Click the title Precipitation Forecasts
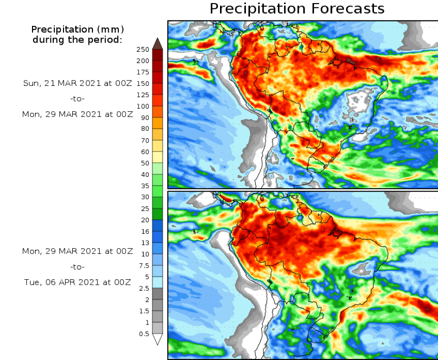pos(297,9)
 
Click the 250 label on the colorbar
pos(143,49)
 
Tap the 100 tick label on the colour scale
pos(143,106)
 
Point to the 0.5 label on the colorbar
pos(144,334)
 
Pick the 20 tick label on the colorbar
pos(145,220)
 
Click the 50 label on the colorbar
pos(145,163)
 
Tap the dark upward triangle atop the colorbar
pos(157,43)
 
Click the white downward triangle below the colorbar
pos(157,339)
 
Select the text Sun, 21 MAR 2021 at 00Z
pos(77,83)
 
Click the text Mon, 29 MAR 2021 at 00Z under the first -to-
pos(77,114)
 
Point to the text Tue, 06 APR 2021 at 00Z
pos(77,282)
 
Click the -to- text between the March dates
pos(77,99)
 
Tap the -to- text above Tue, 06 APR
pos(77,267)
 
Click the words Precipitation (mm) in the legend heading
pos(77,29)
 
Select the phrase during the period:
pos(77,39)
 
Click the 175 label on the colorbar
pos(143,72)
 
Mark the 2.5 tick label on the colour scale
pos(144,288)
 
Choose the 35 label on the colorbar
pos(145,186)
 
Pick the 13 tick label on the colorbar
pos(145,243)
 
